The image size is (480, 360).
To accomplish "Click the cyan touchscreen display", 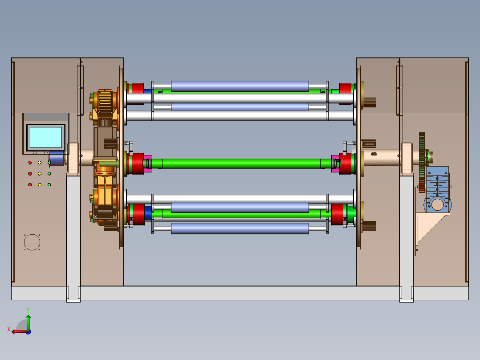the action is click(x=46, y=137).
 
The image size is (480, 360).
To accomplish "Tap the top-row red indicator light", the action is click(x=30, y=163).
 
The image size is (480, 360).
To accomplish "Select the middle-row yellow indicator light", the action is click(x=40, y=174).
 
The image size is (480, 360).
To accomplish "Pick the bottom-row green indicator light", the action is click(x=49, y=185).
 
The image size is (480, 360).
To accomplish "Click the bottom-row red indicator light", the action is click(x=30, y=185).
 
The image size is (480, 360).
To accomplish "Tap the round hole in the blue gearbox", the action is click(x=437, y=205).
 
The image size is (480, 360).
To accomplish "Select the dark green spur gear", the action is click(x=422, y=162).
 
